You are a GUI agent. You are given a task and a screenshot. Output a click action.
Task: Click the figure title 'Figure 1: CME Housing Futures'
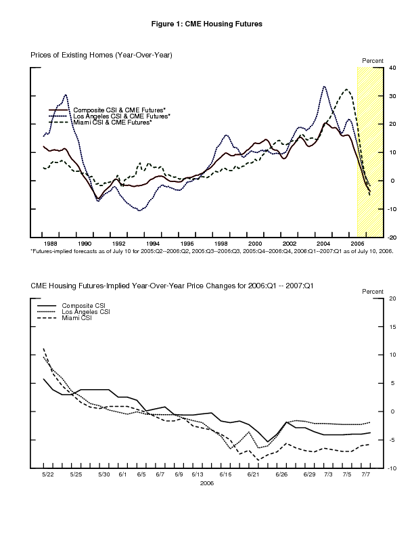[x=207, y=24]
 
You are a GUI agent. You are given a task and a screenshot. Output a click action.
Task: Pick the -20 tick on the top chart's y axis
[x=391, y=238]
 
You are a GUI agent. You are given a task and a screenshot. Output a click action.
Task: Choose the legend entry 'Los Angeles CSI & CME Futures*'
[x=122, y=116]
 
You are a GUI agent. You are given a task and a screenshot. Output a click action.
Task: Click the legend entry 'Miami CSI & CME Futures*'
[x=112, y=122]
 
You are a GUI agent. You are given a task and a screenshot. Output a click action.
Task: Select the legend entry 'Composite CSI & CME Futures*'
[x=119, y=110]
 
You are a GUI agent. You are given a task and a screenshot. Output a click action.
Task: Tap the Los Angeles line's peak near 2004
[x=325, y=87]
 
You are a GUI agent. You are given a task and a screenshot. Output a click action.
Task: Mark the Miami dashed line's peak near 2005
[x=347, y=89]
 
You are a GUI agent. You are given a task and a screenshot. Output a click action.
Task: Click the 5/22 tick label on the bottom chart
[x=48, y=474]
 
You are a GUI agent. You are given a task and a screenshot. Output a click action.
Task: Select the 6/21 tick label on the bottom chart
[x=253, y=474]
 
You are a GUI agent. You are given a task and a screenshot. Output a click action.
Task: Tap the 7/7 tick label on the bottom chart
[x=366, y=474]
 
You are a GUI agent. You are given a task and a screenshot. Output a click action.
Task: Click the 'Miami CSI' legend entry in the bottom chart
[x=76, y=317]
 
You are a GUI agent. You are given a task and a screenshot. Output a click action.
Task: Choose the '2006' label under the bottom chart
[x=207, y=483]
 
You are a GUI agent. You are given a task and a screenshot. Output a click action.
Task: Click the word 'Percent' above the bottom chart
[x=373, y=291]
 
